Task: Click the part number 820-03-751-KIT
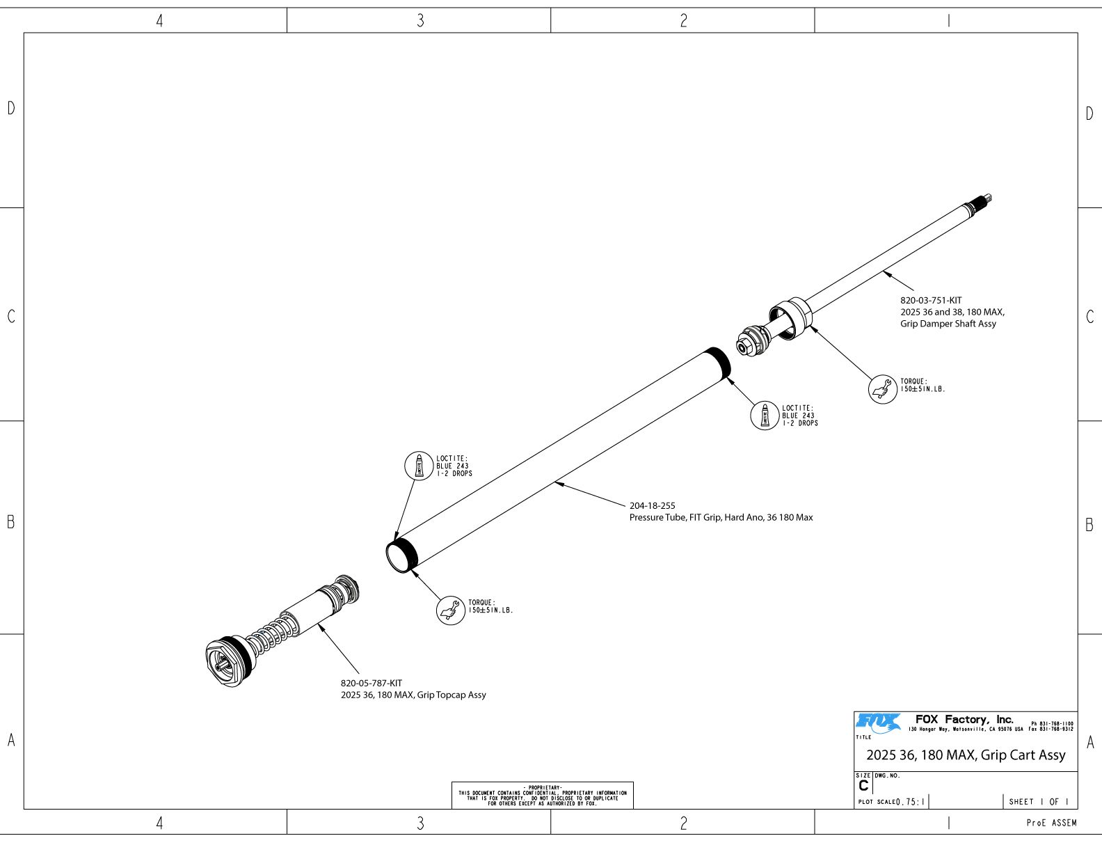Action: click(x=931, y=301)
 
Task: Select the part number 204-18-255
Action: click(x=652, y=506)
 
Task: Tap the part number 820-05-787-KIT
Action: click(x=371, y=684)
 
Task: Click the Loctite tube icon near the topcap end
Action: click(x=419, y=466)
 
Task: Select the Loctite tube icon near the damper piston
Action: click(x=765, y=416)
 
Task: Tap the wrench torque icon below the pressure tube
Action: click(x=451, y=610)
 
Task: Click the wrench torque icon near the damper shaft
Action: click(x=883, y=389)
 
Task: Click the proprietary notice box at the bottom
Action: click(x=542, y=796)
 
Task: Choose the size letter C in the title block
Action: click(x=863, y=786)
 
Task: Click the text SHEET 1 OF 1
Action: click(x=1039, y=802)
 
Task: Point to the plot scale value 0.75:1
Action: click(x=911, y=802)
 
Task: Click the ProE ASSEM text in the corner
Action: click(x=1051, y=823)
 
